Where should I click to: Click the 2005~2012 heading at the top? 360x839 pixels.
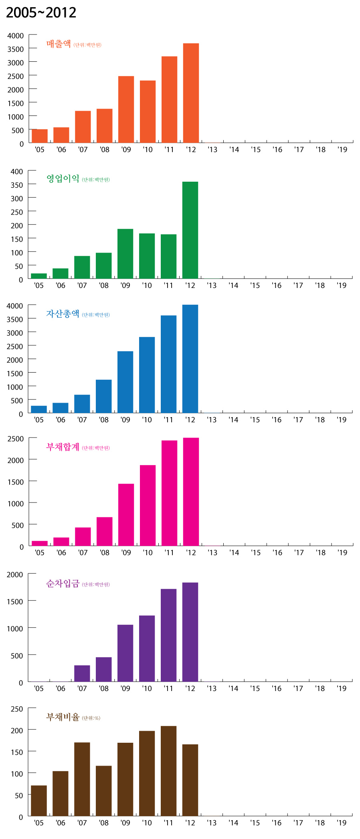[41, 13]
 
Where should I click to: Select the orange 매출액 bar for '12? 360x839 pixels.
[191, 93]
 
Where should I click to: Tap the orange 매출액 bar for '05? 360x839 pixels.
[40, 136]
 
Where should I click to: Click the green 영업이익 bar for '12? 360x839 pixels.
[190, 230]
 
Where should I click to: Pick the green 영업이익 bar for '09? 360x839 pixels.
[125, 254]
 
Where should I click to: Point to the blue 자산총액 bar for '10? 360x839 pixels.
[147, 375]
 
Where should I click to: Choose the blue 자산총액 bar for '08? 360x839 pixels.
[104, 396]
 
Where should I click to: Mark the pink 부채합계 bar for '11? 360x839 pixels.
[169, 493]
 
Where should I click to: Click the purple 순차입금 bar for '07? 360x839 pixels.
[82, 673]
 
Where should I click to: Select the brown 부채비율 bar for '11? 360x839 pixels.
[168, 771]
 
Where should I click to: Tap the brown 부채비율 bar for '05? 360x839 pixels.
[39, 800]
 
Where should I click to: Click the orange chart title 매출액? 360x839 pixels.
[59, 44]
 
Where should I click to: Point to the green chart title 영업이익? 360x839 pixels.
[63, 178]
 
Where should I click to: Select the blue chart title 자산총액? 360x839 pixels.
[63, 314]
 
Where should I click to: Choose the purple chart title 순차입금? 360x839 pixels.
[63, 584]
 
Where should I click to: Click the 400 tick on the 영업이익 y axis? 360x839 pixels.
[17, 172]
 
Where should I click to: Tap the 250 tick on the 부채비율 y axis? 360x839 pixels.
[17, 709]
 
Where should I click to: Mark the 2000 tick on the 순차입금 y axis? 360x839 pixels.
[15, 575]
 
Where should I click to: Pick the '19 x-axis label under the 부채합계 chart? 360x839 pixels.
[342, 553]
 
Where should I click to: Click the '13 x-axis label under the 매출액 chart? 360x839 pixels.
[212, 150]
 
